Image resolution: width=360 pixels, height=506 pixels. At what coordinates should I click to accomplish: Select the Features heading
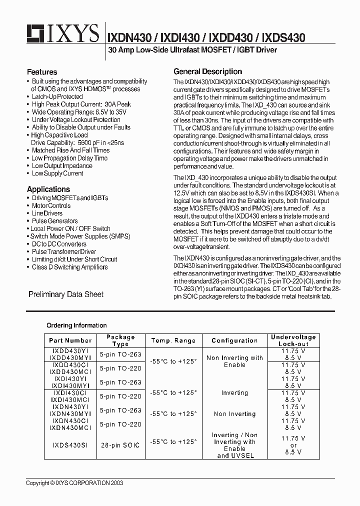coord(42,72)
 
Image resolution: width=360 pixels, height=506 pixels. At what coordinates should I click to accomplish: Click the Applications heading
coord(48,189)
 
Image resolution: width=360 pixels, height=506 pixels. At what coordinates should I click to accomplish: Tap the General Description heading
coord(207,71)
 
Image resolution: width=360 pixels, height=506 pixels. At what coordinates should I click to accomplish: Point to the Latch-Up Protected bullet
coord(57,96)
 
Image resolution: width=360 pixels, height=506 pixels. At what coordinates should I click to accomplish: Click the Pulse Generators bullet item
coord(54,221)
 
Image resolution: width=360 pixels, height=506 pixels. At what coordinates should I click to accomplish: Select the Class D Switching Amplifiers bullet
coord(69,267)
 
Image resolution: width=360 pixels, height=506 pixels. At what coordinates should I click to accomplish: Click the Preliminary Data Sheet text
coord(66,294)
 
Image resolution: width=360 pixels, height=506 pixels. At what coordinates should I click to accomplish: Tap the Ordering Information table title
coord(76,325)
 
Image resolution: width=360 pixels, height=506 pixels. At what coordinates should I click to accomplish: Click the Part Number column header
coord(70,340)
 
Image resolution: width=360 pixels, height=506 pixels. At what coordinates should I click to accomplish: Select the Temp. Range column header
coord(173,340)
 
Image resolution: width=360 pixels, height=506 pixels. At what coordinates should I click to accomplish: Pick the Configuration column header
coord(234,340)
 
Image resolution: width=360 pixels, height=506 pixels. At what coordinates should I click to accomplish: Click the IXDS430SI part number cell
coord(70,445)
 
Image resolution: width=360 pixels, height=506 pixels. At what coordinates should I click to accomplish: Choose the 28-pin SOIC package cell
coord(120,445)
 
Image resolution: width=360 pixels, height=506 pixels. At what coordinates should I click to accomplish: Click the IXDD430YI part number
coord(70,351)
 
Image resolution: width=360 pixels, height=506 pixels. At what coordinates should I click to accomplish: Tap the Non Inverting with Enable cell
coord(234,361)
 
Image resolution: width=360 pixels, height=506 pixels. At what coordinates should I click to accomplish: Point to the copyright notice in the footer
coord(74,483)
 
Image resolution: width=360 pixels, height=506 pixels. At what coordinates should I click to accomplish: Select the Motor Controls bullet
coord(51,205)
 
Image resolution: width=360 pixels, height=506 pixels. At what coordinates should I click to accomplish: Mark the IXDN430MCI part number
coord(70,428)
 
